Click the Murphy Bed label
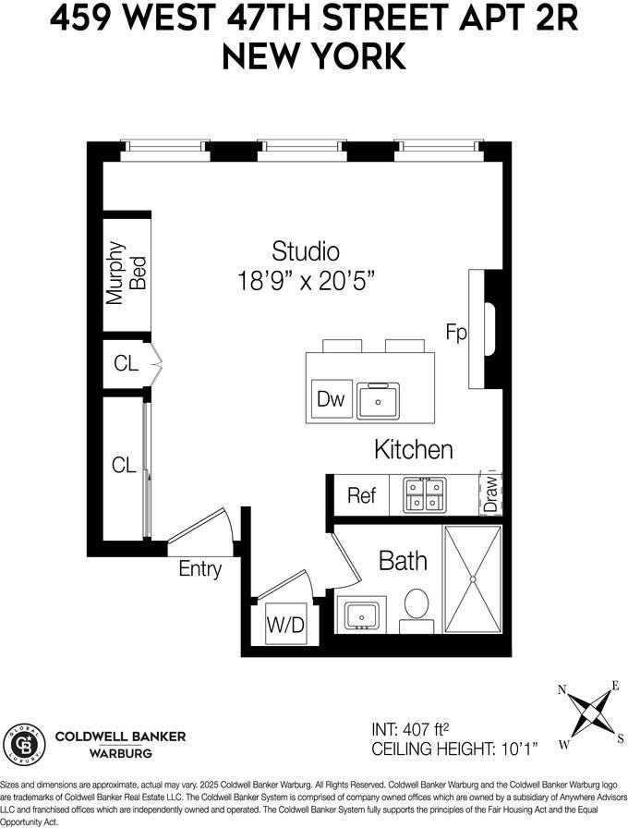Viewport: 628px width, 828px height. click(x=127, y=273)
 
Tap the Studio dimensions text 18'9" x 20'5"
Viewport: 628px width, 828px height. click(x=305, y=281)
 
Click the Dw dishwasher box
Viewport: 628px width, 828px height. click(x=330, y=399)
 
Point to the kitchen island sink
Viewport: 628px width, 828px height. click(x=377, y=400)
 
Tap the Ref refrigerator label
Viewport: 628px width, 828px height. click(x=361, y=495)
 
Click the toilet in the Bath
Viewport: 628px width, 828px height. click(x=418, y=606)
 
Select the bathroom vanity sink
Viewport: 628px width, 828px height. click(x=359, y=614)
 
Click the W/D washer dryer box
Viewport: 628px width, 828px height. click(x=284, y=626)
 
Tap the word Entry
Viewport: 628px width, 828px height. click(x=200, y=568)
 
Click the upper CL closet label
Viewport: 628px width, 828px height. click(x=126, y=363)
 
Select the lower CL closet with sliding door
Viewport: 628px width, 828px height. click(x=124, y=465)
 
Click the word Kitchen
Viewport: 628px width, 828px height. click(x=413, y=450)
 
